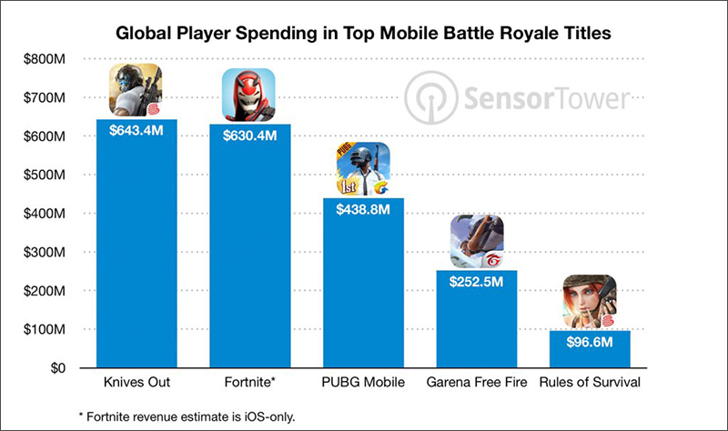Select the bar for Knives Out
click(136, 255)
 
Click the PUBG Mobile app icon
click(363, 169)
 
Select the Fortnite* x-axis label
click(249, 382)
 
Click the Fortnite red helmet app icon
click(249, 95)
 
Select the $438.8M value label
click(363, 209)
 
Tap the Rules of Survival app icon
click(591, 302)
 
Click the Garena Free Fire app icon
click(477, 242)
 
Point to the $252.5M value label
click(477, 282)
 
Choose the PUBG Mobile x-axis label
click(363, 382)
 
